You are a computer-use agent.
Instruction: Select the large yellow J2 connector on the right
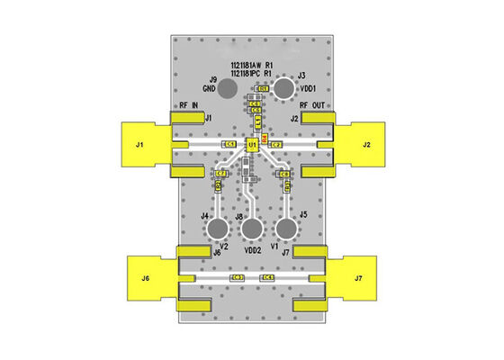[x=364, y=144]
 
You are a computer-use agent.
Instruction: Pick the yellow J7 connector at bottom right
[x=357, y=278]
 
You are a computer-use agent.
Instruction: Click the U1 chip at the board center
[x=253, y=144]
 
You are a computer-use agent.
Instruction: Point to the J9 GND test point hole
[x=228, y=88]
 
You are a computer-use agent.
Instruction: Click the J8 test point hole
[x=252, y=230]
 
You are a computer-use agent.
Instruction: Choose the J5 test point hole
[x=285, y=228]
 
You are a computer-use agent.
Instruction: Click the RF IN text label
[x=190, y=106]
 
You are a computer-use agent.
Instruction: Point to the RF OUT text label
[x=315, y=106]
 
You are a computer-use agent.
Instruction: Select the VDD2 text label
[x=252, y=252]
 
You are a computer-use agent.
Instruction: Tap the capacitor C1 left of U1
[x=229, y=144]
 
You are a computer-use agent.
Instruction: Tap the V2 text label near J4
[x=223, y=246]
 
